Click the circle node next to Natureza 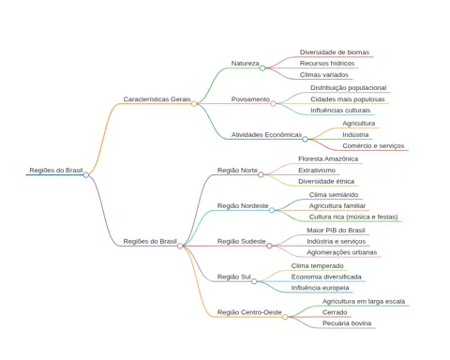pos(262,67)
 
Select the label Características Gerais pos(157,99)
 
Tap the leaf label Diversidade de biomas pos(335,52)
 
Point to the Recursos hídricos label pos(327,64)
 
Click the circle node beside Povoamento pos(273,103)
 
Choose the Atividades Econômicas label pos(266,135)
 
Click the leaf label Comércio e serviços pos(373,146)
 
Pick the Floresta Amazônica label pos(328,158)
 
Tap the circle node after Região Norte pos(261,174)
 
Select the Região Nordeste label pos(243,206)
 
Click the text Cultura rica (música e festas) pos(353,217)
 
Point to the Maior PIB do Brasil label pos(336,231)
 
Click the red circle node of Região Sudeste pos(269,246)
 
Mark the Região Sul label pos(234,277)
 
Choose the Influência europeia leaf pos(320,288)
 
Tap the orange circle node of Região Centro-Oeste pos(285,317)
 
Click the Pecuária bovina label pos(347,323)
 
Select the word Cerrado pos(335,312)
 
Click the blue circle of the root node pos(86,175)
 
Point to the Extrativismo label pos(317,171)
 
